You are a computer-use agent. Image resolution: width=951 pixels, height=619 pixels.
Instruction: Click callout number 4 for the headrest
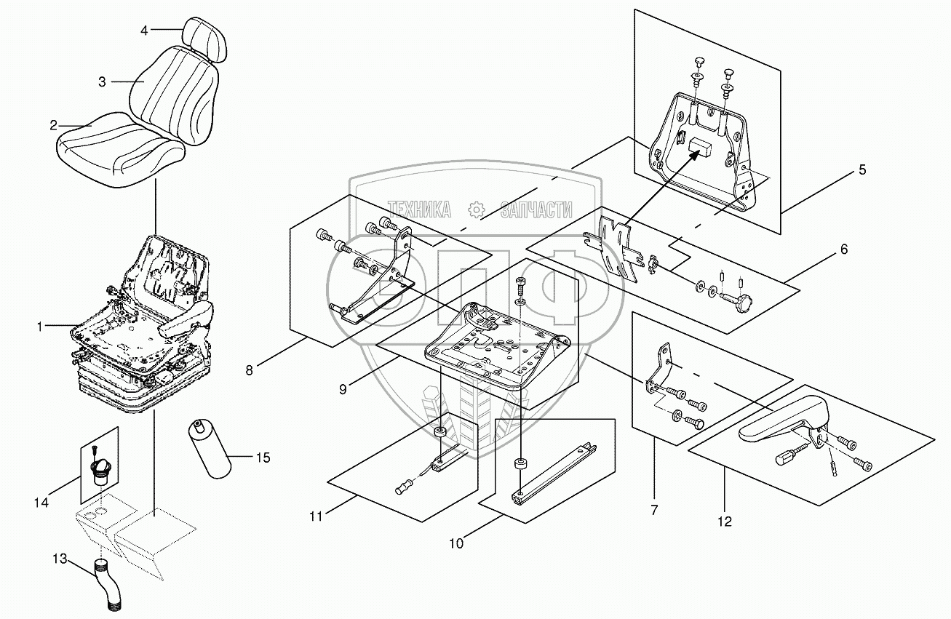click(144, 31)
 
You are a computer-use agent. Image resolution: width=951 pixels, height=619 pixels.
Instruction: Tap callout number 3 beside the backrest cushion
click(103, 82)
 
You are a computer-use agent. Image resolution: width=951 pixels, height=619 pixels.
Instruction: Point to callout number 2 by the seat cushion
click(54, 125)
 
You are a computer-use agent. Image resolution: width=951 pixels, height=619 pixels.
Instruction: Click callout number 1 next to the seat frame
click(40, 327)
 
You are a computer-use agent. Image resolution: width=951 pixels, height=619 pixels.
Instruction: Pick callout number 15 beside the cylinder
click(263, 458)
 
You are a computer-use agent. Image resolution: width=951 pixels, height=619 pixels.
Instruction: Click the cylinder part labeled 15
click(210, 449)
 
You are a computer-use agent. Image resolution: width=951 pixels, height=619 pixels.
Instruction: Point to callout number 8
click(249, 370)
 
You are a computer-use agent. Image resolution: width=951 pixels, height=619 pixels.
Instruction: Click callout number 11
click(315, 516)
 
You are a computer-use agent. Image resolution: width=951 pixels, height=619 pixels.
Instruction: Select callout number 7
click(653, 510)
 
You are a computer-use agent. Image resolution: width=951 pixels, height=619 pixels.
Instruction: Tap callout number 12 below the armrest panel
click(725, 521)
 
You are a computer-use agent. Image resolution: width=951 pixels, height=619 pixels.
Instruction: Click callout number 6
click(843, 249)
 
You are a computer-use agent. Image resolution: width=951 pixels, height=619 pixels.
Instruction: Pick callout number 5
click(862, 170)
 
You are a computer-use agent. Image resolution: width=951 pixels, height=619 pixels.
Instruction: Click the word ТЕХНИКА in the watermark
click(418, 210)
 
